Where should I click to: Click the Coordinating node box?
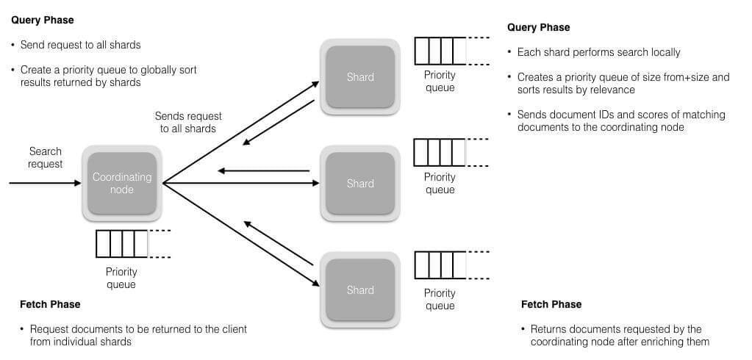coord(121,184)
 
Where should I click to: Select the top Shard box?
coord(360,77)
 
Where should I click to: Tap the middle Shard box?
coord(360,184)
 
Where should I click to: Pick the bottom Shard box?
coord(360,290)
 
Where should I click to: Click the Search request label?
coord(46,157)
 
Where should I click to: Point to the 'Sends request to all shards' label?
coord(188,122)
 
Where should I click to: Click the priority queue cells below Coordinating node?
coord(122,244)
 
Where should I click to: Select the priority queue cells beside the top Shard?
coord(440,51)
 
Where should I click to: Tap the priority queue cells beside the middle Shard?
coord(440,153)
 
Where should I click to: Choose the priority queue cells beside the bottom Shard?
coord(440,265)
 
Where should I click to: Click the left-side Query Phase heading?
coord(43,20)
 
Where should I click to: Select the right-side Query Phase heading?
coord(538,27)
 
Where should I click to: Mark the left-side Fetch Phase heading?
coord(50,303)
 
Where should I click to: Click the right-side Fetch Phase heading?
coord(551,304)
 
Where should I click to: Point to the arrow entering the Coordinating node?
coord(44,184)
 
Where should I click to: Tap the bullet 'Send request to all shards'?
coord(80,45)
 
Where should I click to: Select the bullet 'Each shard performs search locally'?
coord(598,52)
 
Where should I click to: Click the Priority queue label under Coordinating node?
coord(121,278)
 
